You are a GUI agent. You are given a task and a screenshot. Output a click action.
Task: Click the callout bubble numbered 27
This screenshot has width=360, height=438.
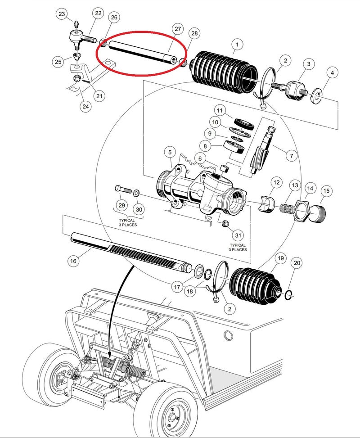(178, 29)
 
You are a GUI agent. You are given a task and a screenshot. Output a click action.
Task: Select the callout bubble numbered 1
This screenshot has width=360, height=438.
(236, 45)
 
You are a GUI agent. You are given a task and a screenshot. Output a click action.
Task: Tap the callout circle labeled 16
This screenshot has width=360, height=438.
(73, 260)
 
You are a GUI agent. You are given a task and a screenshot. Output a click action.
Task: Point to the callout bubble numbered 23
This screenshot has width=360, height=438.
(62, 14)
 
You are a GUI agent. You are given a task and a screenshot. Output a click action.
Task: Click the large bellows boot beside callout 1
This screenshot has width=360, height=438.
(225, 72)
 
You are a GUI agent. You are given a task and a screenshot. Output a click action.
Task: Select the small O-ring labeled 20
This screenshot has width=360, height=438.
(288, 295)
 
